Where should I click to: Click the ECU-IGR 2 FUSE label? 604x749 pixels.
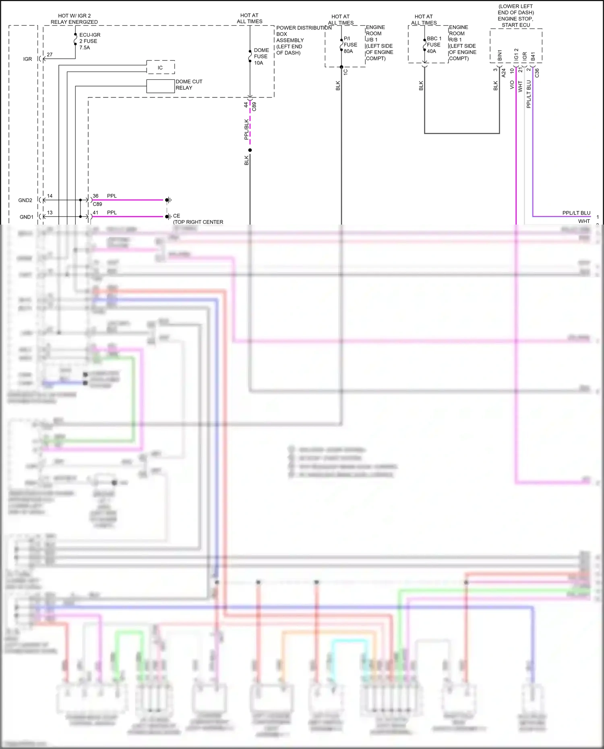click(89, 41)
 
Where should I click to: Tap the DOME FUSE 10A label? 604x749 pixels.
click(261, 56)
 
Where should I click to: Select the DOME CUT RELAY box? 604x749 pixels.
click(160, 86)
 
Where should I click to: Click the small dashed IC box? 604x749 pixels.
click(160, 67)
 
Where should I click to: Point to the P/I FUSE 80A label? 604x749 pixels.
click(350, 45)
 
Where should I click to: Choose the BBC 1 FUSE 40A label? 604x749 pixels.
click(434, 45)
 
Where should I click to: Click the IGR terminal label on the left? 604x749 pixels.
click(27, 59)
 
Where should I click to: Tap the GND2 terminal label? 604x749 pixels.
click(25, 200)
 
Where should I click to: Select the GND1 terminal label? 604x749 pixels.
click(26, 217)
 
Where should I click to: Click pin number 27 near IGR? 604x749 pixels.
click(50, 54)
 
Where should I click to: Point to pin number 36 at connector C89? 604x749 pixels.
click(95, 196)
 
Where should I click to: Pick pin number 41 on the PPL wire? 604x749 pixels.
click(95, 213)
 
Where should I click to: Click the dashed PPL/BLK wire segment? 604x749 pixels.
click(250, 125)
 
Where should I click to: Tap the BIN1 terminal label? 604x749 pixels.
click(500, 56)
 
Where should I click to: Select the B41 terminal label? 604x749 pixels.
click(533, 56)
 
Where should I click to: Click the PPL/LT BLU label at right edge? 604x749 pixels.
click(576, 213)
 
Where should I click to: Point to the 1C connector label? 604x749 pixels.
click(345, 72)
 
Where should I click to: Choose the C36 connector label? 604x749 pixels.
click(537, 73)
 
